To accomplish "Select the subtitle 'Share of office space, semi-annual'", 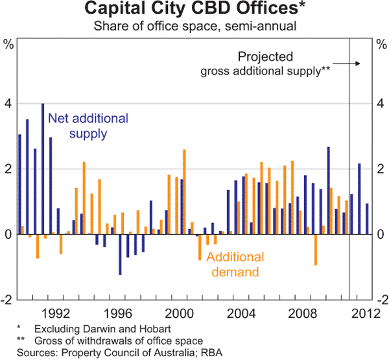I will coord(194,27).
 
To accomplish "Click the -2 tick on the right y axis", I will coord(381,300).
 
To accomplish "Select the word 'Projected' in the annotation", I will coord(265,56).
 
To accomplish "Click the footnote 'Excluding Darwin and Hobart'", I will coord(99,330).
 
